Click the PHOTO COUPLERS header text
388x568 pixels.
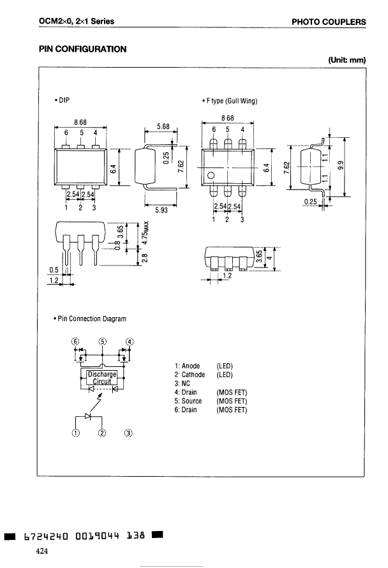coord(329,22)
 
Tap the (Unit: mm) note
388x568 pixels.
coord(347,61)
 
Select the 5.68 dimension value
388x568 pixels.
coord(162,127)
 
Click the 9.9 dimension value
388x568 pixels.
coord(341,166)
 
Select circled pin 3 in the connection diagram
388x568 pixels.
coord(128,433)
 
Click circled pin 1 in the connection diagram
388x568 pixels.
coord(76,433)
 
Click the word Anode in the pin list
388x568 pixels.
coord(191,366)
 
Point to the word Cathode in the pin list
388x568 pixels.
coord(193,375)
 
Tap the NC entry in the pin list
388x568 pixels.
coord(186,384)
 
